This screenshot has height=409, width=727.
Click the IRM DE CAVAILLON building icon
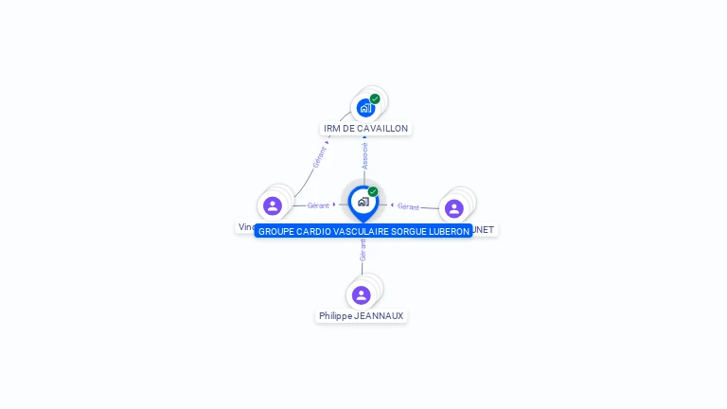[365, 108]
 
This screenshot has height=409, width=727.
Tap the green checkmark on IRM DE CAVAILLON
[375, 98]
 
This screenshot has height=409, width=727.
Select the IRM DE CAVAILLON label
[365, 128]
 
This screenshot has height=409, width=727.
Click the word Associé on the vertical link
[364, 156]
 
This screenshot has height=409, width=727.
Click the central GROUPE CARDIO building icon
[363, 202]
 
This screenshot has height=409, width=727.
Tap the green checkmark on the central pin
[373, 191]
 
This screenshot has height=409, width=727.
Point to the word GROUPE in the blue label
[276, 231]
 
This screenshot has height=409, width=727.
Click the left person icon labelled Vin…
[273, 205]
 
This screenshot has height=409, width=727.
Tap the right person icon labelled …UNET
[454, 208]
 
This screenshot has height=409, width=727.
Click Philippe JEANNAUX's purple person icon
[362, 294]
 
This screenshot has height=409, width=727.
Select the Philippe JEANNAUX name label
[361, 316]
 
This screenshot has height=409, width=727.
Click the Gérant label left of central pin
[318, 205]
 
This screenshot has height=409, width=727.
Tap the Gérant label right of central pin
[408, 206]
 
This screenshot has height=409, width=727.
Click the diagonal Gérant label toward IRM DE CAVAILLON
[319, 157]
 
